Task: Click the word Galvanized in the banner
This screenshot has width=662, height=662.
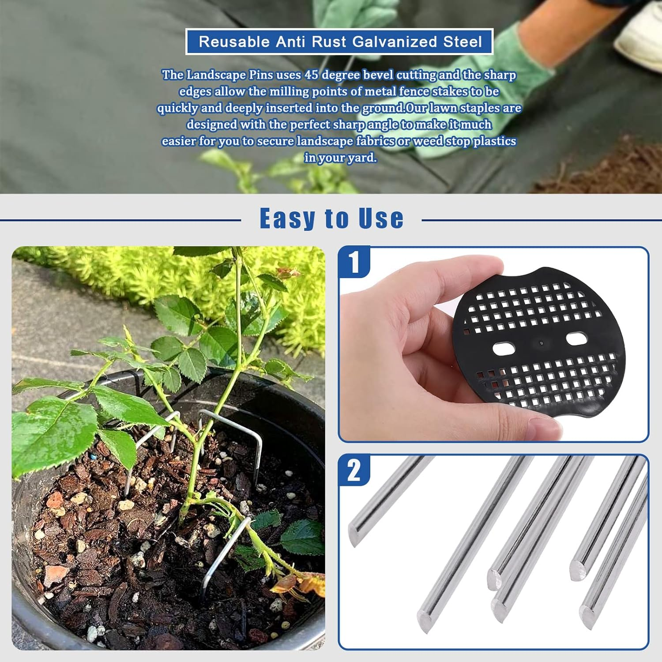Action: pos(395,42)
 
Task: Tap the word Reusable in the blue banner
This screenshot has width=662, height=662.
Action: pos(234,42)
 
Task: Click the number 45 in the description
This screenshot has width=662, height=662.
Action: pos(311,75)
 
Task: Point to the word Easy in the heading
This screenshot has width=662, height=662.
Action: pos(287,218)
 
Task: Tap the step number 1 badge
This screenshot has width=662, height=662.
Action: pos(354,262)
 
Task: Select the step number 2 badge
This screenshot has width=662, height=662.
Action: pos(354,470)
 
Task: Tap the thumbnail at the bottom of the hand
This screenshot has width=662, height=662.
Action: pos(544,427)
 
